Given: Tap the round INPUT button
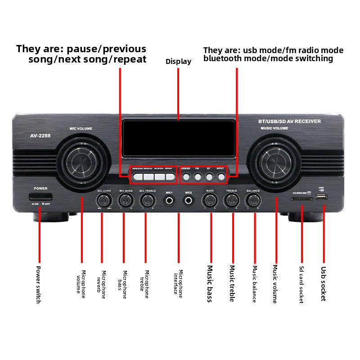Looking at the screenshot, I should (x=220, y=176).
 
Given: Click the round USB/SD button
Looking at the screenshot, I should (x=186, y=176).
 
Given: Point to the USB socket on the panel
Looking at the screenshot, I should (x=322, y=197).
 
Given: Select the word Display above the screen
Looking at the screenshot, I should (x=178, y=62).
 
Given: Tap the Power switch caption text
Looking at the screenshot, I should (x=38, y=284).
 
